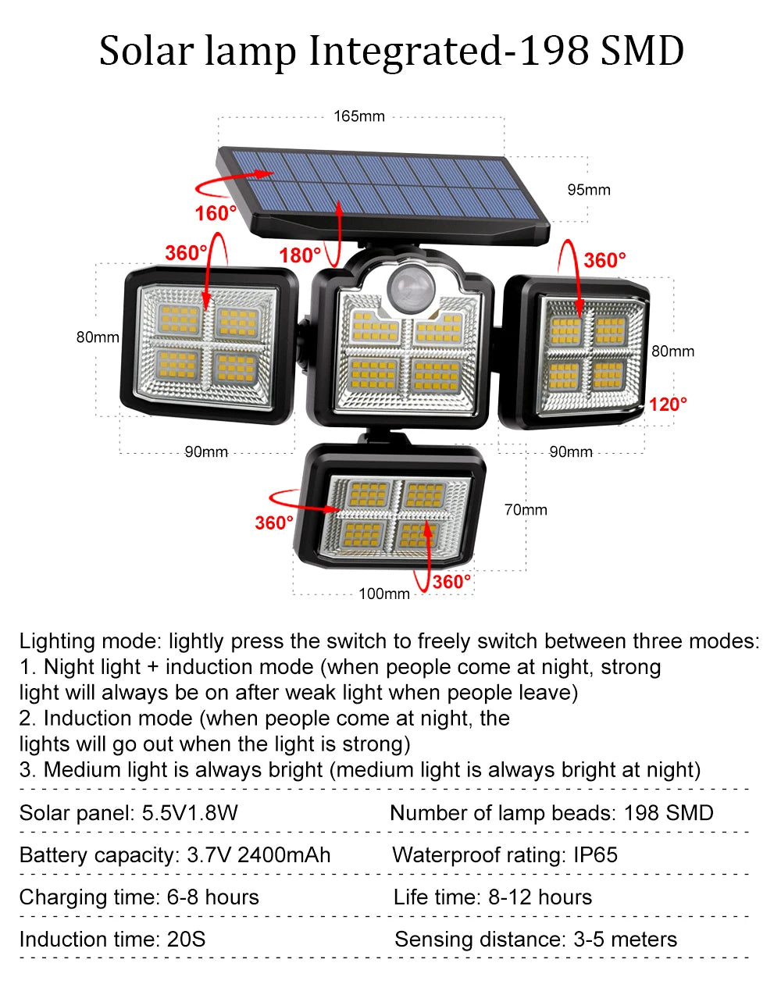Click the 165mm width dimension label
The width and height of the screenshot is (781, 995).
coord(359,116)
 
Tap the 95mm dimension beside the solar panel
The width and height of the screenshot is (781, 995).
coord(588,190)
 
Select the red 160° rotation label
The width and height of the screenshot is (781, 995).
coord(216,213)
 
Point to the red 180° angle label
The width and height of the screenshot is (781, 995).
coord(300,255)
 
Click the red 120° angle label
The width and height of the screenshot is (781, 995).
coord(668,404)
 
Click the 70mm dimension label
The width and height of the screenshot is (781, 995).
coord(526,510)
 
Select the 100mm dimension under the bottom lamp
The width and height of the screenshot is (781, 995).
coord(384,594)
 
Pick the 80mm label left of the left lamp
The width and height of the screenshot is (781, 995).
coord(98,337)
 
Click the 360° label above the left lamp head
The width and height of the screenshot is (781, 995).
coord(186,253)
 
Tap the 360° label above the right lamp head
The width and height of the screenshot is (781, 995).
coord(604,260)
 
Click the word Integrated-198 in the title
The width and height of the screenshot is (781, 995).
coord(448,51)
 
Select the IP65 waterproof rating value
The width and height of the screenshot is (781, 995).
coord(595,854)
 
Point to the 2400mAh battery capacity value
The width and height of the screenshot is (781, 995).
coord(284,854)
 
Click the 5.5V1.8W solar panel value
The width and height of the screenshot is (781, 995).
coord(190,812)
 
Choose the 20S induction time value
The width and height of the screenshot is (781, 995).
coord(186,939)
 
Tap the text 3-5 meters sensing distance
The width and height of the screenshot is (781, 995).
coord(625,939)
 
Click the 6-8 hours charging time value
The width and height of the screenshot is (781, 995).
coord(212,897)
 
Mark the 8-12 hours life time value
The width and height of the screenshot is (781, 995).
coord(540,897)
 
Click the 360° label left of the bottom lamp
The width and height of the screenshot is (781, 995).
coord(274,522)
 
